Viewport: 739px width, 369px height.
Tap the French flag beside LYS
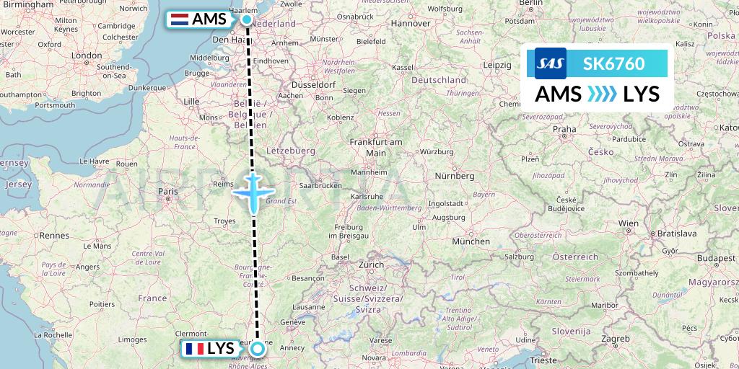point(193,349)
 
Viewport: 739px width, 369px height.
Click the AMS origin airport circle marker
point(247,19)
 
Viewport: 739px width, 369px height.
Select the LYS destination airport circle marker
point(258,350)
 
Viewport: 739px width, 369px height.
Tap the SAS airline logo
point(550,63)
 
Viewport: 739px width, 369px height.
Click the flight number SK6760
point(615,63)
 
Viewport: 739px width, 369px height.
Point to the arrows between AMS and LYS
point(602,94)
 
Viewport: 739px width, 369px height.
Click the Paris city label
point(167,192)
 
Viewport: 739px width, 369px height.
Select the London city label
point(87,55)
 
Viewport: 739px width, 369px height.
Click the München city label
point(472,241)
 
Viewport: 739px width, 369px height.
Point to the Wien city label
point(629,223)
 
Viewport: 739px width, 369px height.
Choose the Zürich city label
point(372,264)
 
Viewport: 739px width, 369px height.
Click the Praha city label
point(564,130)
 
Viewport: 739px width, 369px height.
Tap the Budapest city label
point(710,257)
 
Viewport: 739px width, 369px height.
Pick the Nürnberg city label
point(454,175)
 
